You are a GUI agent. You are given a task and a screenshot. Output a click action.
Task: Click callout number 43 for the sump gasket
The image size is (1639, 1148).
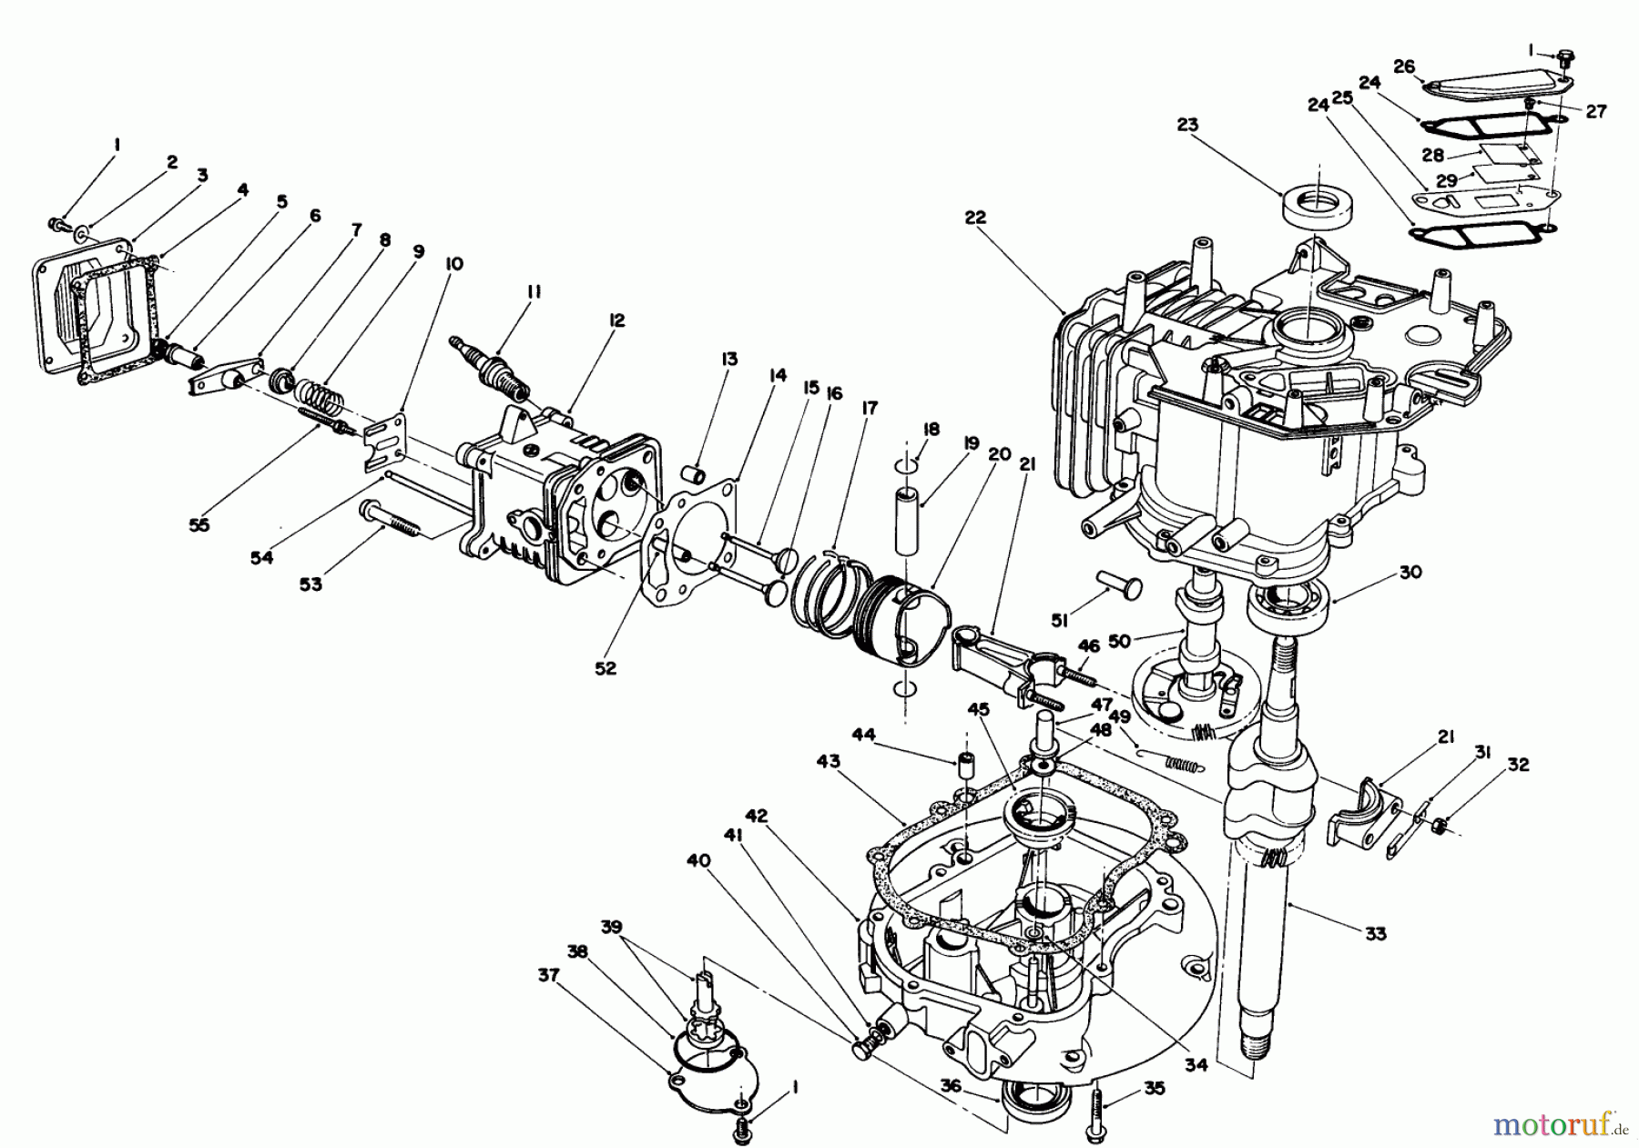pos(829,761)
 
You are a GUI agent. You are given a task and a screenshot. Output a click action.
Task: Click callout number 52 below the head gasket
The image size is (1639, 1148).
pos(606,668)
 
